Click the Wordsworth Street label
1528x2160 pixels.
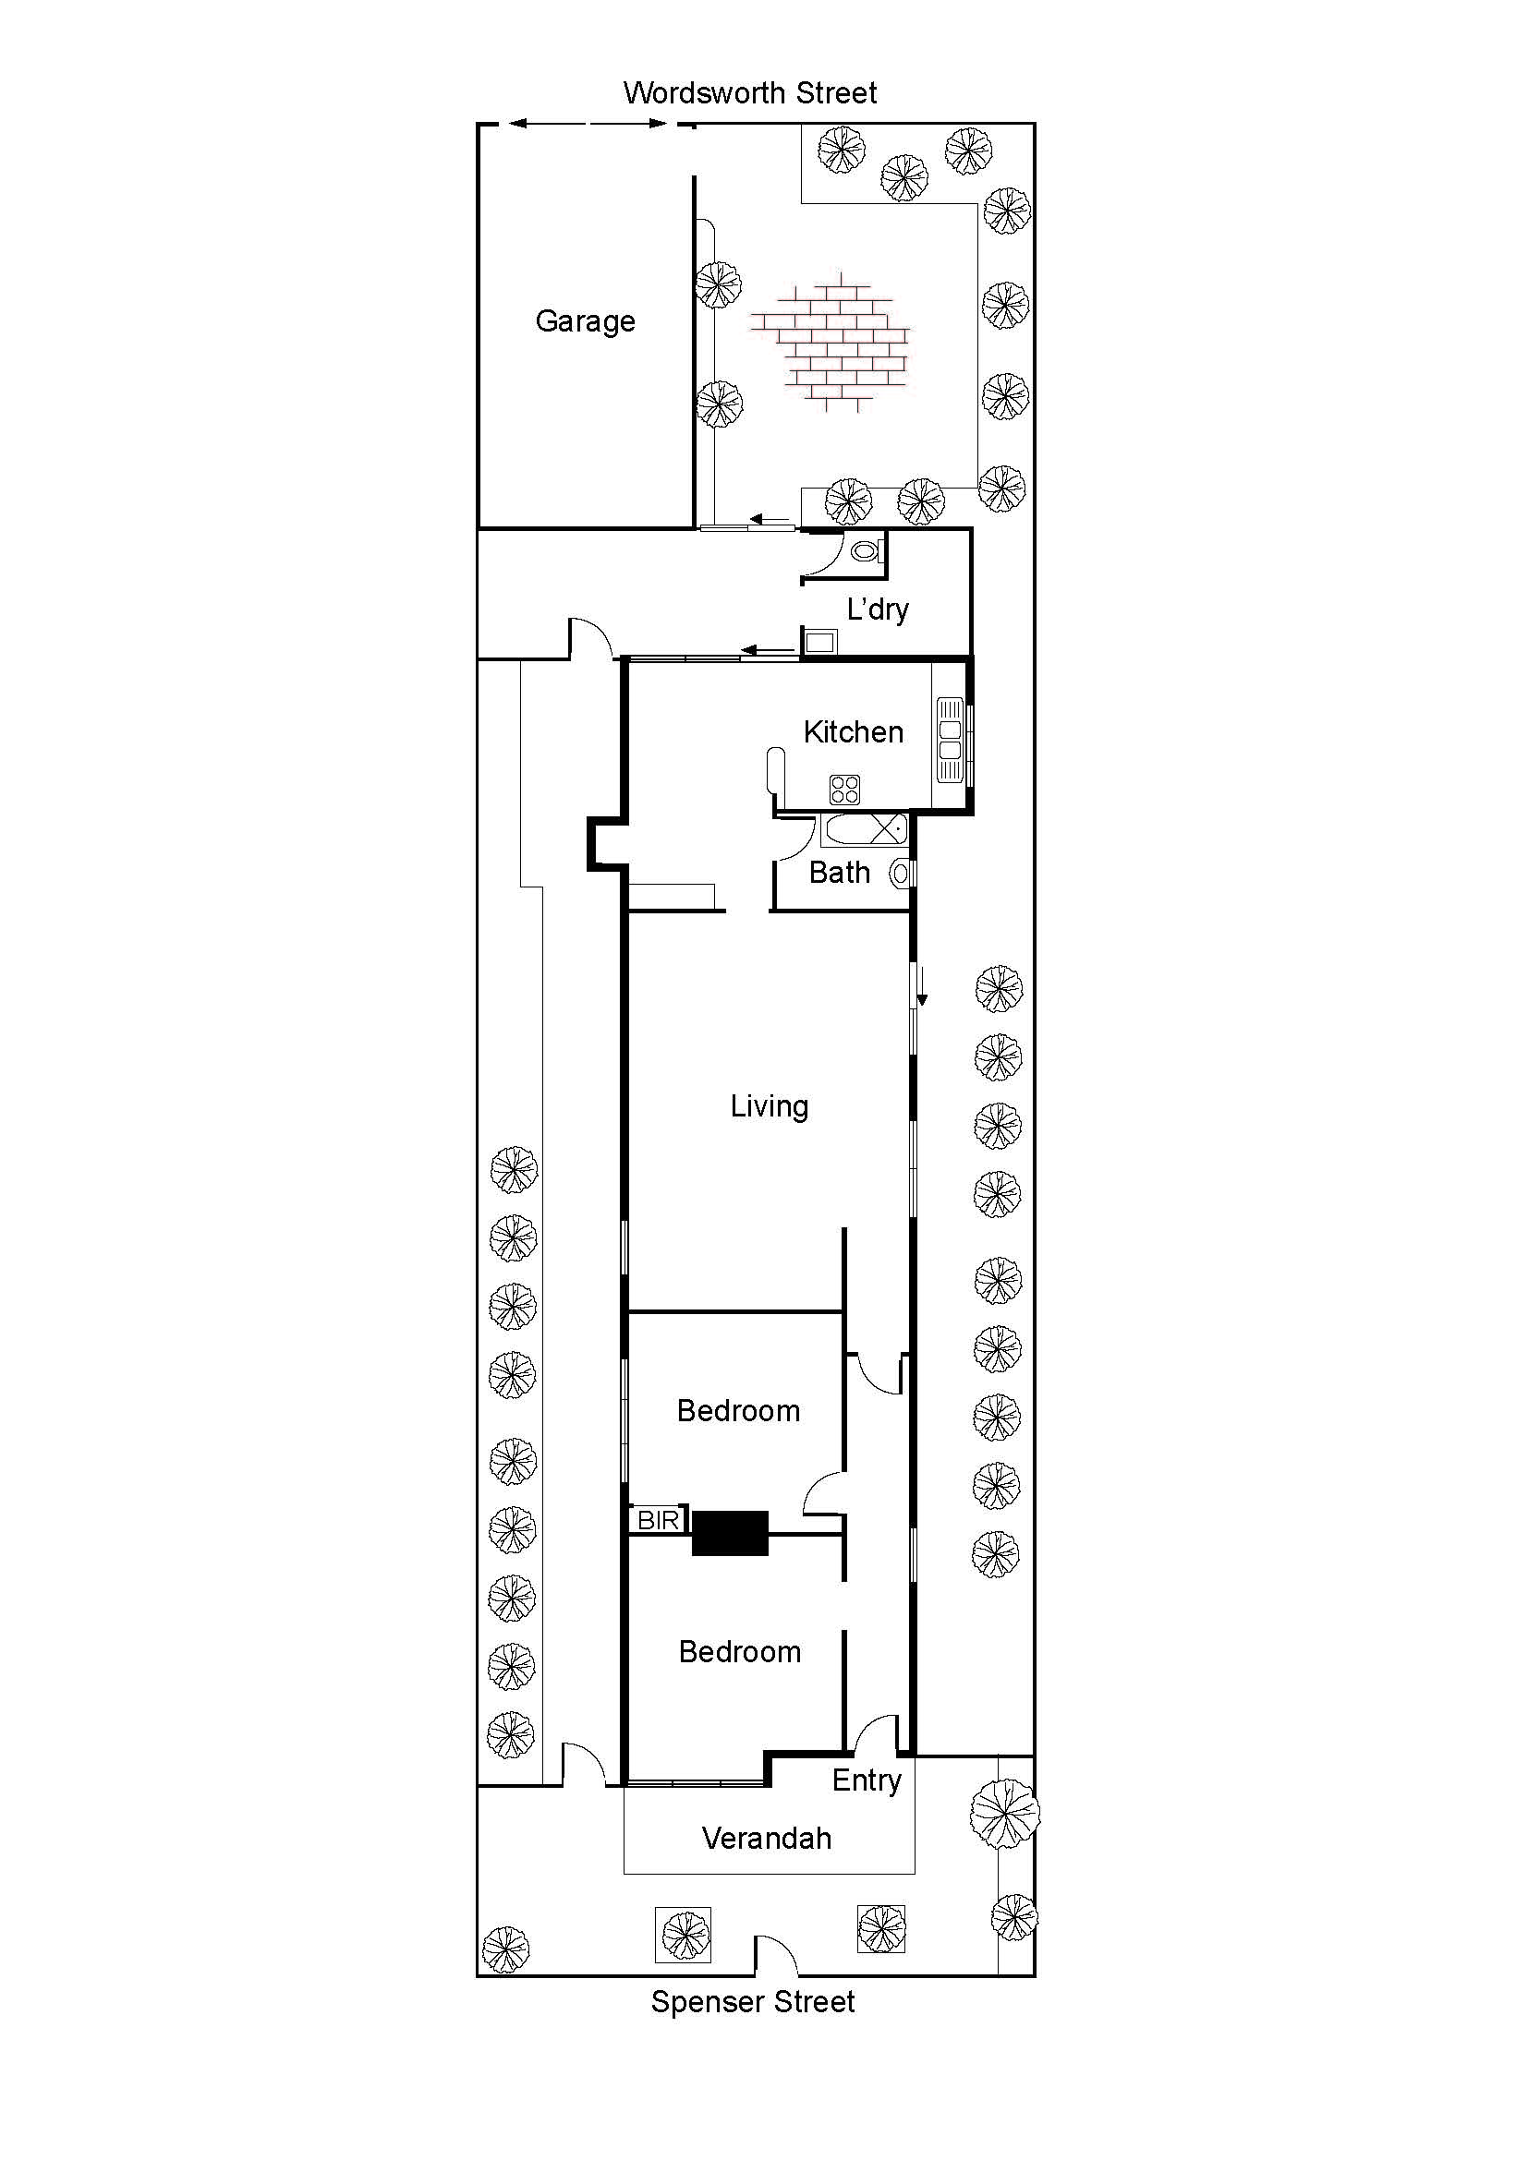point(750,93)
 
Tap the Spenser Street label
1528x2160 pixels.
point(753,2001)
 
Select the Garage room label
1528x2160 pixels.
point(585,321)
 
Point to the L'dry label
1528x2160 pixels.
point(878,609)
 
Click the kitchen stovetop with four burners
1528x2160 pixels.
point(844,789)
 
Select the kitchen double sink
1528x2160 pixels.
point(950,741)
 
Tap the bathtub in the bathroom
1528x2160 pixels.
point(865,830)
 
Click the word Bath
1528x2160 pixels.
point(839,873)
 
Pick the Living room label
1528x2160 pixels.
point(769,1106)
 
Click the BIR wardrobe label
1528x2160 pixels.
point(658,1519)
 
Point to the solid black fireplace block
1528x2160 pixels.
point(730,1534)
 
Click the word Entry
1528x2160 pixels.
point(867,1780)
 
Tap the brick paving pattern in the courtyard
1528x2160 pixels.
point(831,344)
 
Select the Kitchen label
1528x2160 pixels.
point(854,732)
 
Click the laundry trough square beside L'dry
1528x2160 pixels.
point(819,642)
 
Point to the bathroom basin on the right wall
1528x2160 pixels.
point(901,874)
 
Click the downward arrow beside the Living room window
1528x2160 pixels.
point(923,986)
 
